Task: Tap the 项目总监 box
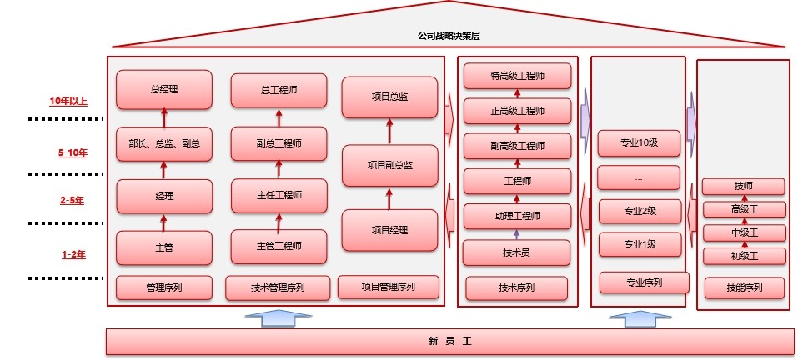tap(389, 97)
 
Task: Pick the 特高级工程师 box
tap(517, 76)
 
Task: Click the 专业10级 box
tap(640, 142)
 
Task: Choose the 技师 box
tap(743, 186)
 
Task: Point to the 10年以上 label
tap(68, 102)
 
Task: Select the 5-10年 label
tap(73, 153)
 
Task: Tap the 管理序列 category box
tap(164, 287)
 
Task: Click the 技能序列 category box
tap(743, 288)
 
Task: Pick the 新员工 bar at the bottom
tap(449, 341)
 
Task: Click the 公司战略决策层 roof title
tap(449, 36)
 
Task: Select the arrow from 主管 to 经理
tap(163, 222)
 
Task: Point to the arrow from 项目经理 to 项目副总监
tap(389, 197)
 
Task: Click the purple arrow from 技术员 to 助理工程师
tap(517, 234)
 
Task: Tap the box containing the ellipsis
tap(639, 177)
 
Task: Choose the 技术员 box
tap(517, 252)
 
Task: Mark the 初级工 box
tap(743, 256)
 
